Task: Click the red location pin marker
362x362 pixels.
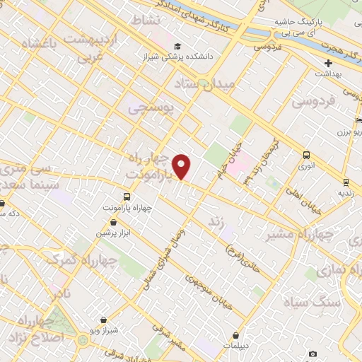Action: coord(182,167)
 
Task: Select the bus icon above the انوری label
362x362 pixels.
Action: coord(306,155)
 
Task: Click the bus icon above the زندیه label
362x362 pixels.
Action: coord(346,182)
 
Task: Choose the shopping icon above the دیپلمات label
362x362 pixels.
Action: coord(235,336)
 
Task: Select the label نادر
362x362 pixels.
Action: coord(62,291)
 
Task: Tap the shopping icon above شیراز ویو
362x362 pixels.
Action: coord(105,320)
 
